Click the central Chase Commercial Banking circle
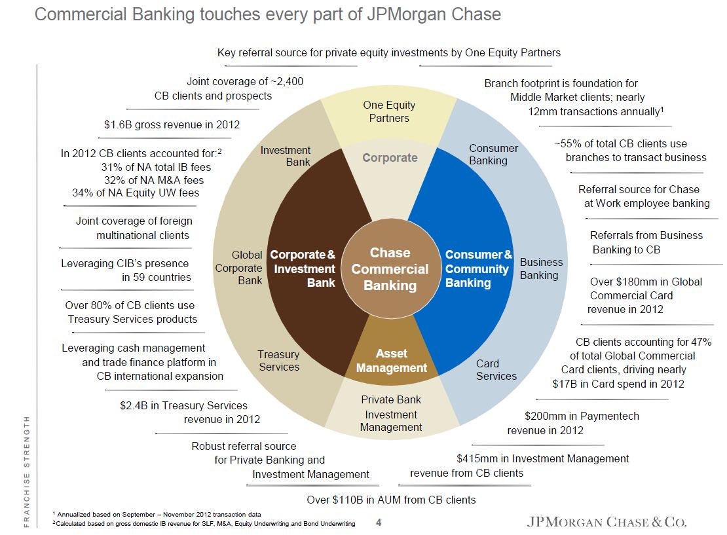point(390,269)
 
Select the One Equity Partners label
point(389,111)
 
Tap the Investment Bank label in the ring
point(286,156)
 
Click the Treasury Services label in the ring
point(279,360)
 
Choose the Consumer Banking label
point(493,155)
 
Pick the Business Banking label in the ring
point(541,268)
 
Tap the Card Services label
point(496,369)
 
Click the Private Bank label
point(391,399)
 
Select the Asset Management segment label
point(391,361)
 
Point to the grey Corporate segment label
point(390,157)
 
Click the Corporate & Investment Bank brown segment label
point(303,268)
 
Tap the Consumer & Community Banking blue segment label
point(478,268)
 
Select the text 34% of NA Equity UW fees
point(136,193)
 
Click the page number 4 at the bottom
point(379,522)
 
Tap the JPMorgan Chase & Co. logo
point(606,522)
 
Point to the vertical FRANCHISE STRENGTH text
point(27,472)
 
